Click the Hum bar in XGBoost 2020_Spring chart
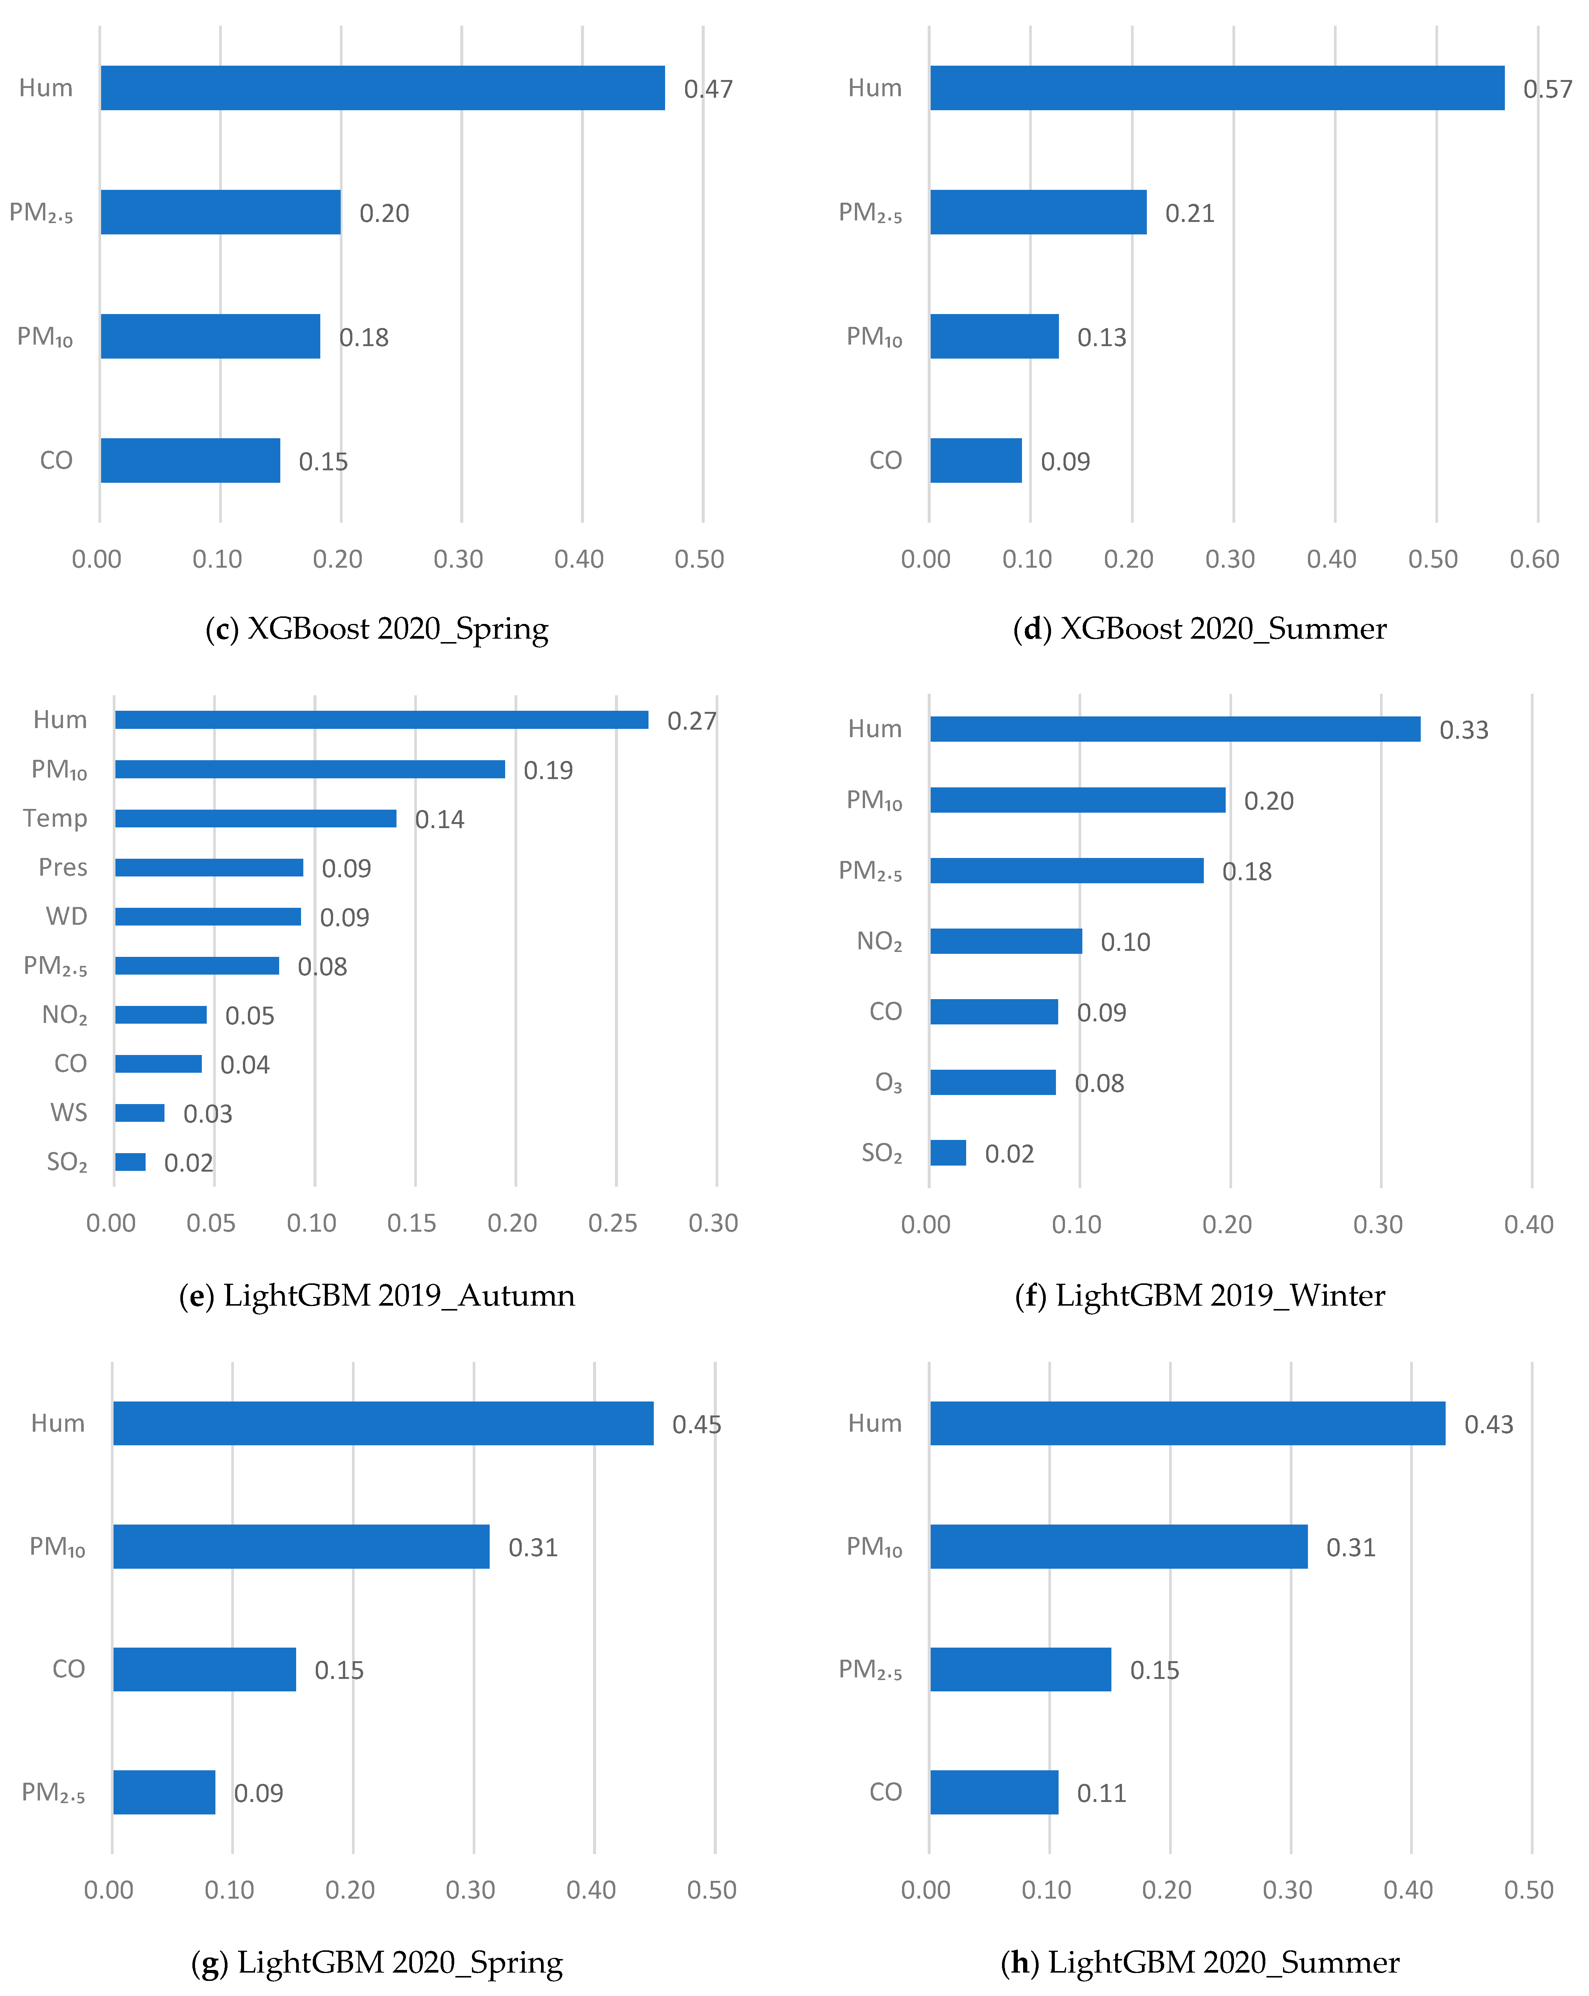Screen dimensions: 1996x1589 pyautogui.click(x=382, y=88)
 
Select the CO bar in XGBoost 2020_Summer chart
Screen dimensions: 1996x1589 pyautogui.click(x=976, y=460)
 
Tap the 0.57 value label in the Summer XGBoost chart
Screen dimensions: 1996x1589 pyautogui.click(x=1548, y=89)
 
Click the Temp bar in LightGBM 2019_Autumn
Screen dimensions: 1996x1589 pyautogui.click(x=255, y=818)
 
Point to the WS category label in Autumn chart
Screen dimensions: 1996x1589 pyautogui.click(x=69, y=1112)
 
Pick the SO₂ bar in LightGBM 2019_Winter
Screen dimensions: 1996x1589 pyautogui.click(x=948, y=1153)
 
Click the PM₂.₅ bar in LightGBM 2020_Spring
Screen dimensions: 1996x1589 pyautogui.click(x=164, y=1792)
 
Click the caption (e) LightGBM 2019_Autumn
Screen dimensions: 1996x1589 pyautogui.click(x=377, y=1295)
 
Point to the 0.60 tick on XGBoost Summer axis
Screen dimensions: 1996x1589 pyautogui.click(x=1534, y=559)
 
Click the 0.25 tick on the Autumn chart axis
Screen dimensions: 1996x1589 pyautogui.click(x=613, y=1223)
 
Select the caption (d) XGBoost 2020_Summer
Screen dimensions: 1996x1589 pyautogui.click(x=1199, y=628)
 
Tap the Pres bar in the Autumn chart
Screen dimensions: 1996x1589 pyautogui.click(x=209, y=867)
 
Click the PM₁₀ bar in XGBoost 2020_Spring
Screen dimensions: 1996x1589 pyautogui.click(x=210, y=336)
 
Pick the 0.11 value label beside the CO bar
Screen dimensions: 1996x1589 pyautogui.click(x=1101, y=1793)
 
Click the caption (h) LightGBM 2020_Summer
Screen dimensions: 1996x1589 pyautogui.click(x=1199, y=1962)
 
